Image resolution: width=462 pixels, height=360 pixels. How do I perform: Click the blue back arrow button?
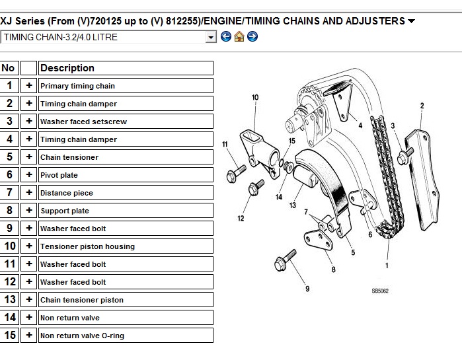click(226, 37)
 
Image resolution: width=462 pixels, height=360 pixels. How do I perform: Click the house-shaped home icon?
click(239, 37)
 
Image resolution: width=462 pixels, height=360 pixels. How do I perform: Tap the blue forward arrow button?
click(252, 37)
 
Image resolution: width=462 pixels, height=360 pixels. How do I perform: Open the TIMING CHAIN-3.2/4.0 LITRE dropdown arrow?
click(211, 38)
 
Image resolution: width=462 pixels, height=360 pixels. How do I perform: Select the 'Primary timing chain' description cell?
click(126, 86)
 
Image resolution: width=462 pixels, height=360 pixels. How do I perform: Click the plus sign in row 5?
click(29, 157)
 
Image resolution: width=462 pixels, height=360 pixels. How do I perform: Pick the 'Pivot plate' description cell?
click(126, 175)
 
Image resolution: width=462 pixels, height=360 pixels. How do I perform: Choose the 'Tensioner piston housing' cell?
click(126, 246)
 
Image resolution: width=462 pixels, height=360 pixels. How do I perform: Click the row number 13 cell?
click(9, 300)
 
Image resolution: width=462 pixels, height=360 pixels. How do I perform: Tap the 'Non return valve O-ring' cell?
click(126, 336)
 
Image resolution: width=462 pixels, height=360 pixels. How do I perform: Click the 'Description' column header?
click(126, 68)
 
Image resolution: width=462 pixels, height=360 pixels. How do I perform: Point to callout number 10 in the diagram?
click(255, 98)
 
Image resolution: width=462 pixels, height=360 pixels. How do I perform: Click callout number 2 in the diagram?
click(422, 106)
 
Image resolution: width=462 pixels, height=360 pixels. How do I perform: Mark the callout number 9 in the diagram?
click(307, 289)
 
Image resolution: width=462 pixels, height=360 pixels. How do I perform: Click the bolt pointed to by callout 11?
click(236, 174)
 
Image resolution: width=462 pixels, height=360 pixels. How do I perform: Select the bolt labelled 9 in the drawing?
click(285, 260)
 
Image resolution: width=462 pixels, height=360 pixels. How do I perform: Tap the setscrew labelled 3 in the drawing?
click(405, 156)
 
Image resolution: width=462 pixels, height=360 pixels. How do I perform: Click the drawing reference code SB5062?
click(380, 291)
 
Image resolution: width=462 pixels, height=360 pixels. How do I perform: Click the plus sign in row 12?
click(29, 281)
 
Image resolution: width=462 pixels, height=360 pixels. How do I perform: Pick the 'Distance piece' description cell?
click(126, 193)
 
